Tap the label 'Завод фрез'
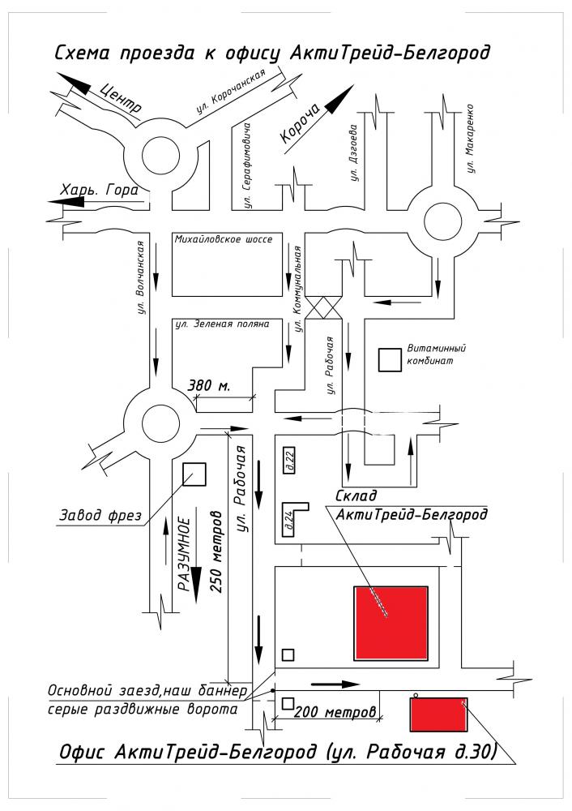tap(100, 515)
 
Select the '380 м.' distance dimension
tap(208, 385)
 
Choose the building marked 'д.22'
tap(288, 459)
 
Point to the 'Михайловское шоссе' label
tap(224, 240)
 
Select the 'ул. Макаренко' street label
tap(469, 139)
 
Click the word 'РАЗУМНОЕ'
tap(186, 557)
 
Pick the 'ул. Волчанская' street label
tap(141, 277)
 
